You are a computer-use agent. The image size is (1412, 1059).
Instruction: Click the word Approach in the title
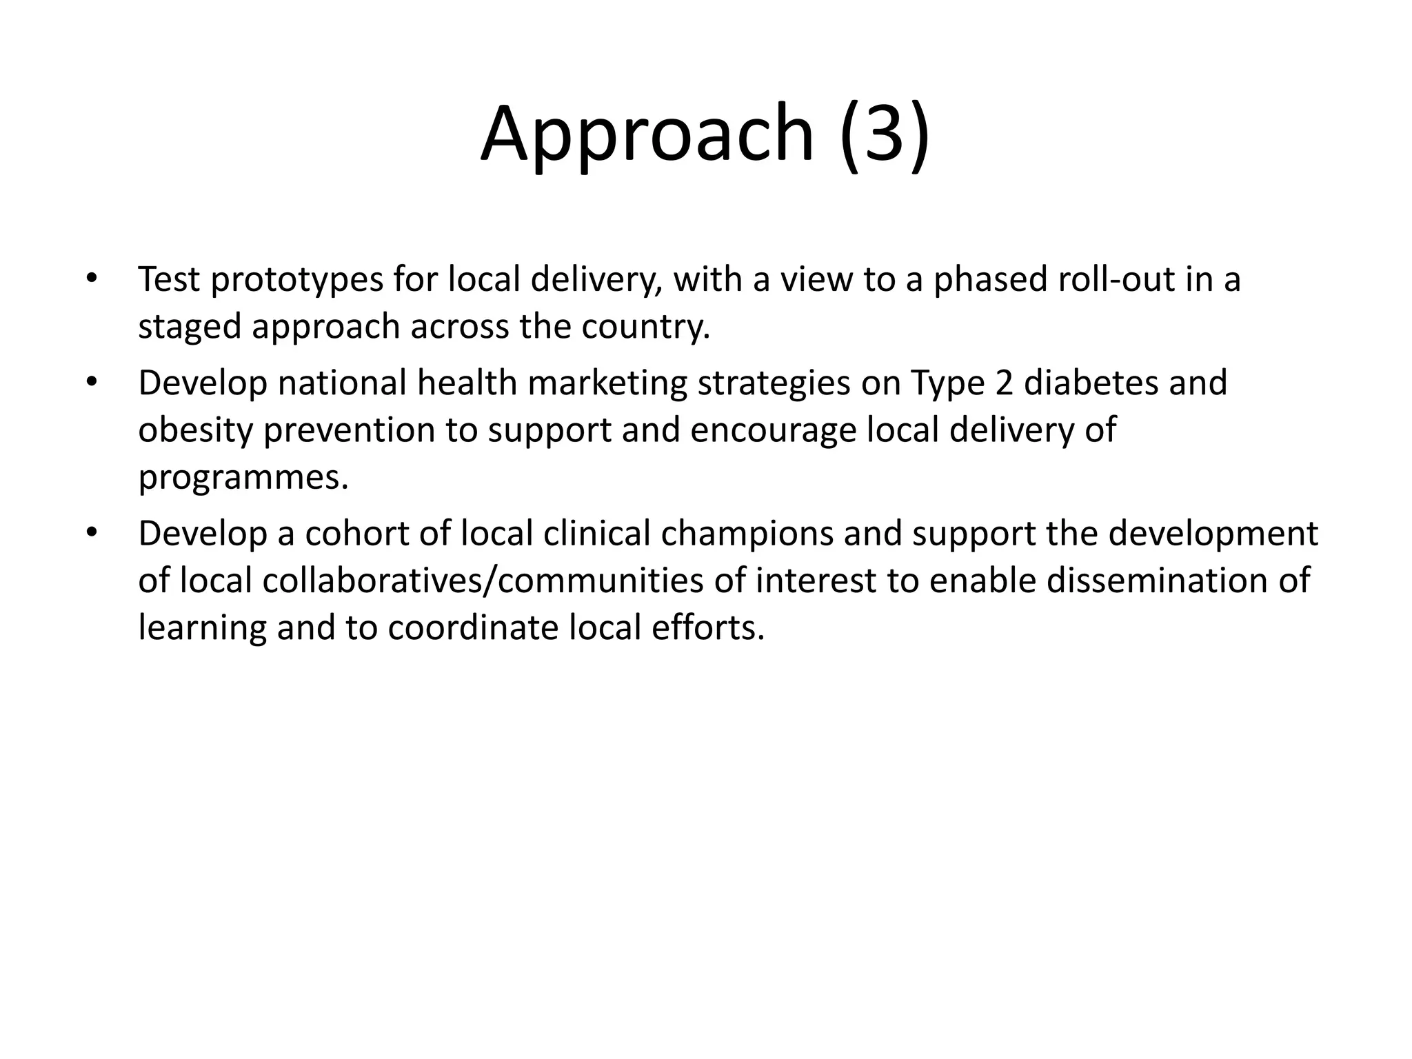[647, 134]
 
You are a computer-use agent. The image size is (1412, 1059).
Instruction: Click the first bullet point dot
[91, 279]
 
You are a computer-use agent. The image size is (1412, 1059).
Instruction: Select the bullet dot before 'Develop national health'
[91, 383]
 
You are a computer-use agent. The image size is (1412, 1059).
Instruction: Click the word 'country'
[643, 327]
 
